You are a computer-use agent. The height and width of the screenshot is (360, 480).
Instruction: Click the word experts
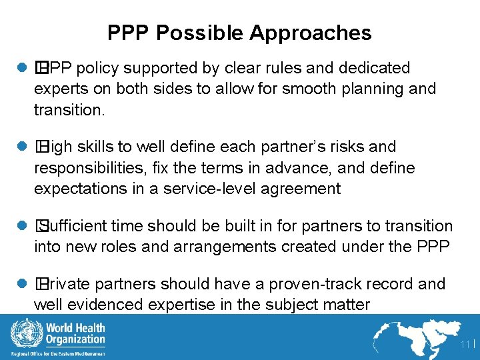coord(59,89)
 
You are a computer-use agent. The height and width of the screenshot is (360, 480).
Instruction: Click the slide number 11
coord(465,345)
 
